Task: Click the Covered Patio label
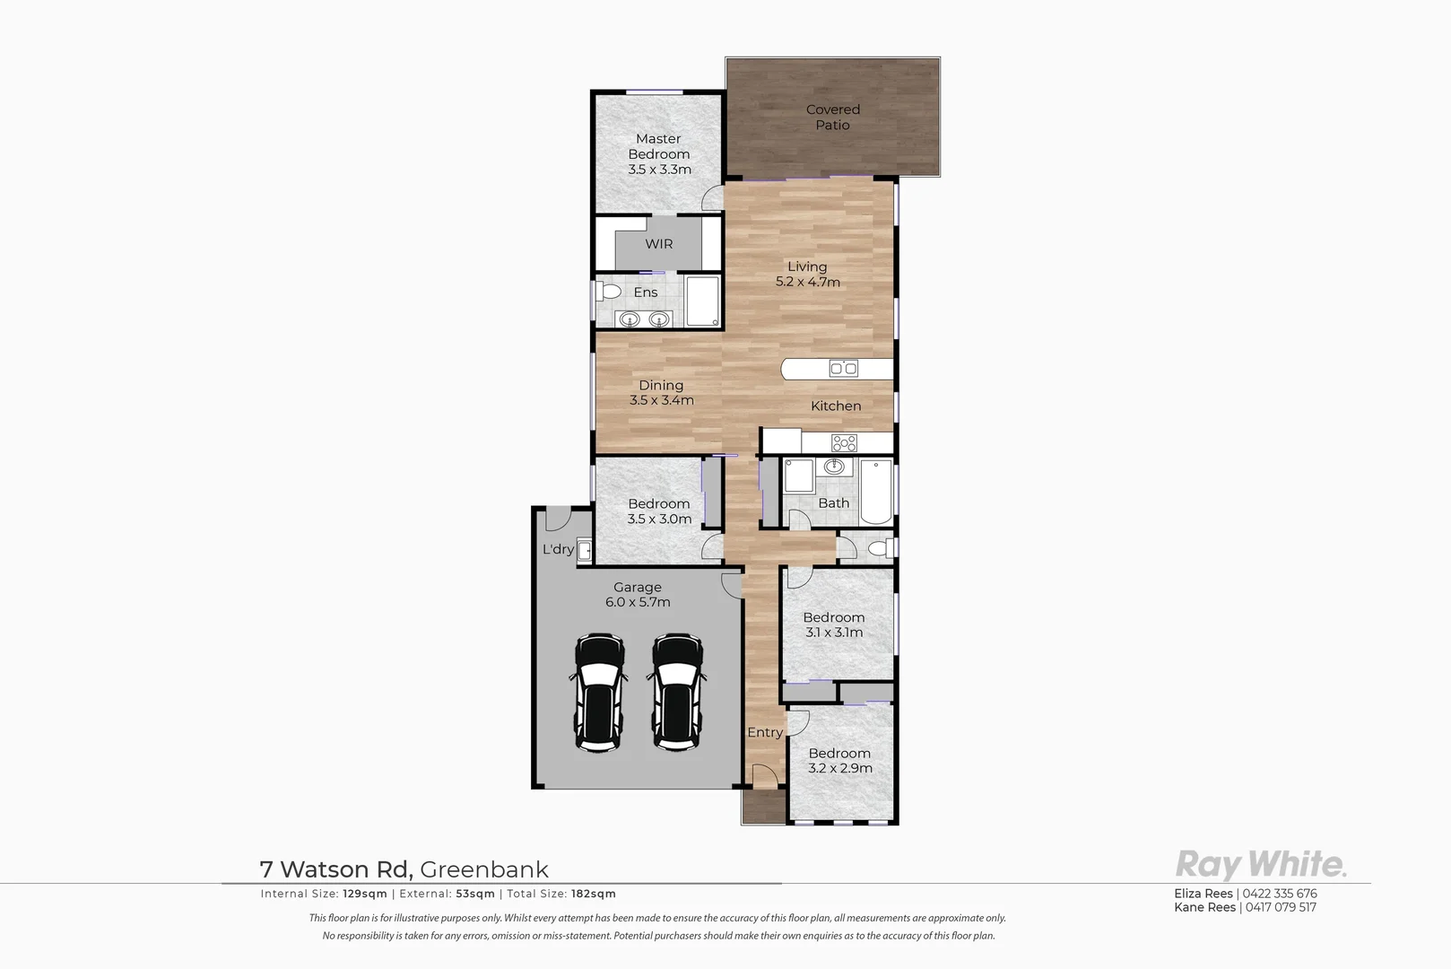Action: point(832,118)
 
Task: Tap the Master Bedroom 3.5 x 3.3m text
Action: point(659,154)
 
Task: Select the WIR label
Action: point(658,244)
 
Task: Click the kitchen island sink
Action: point(843,368)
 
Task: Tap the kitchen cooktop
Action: point(844,442)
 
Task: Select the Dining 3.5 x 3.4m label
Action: point(661,393)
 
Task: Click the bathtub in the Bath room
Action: point(876,492)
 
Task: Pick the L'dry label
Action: point(558,549)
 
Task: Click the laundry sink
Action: point(584,549)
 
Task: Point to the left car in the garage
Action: point(599,692)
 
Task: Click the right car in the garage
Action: point(677,692)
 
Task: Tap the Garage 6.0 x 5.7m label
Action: point(638,595)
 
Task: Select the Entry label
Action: point(765,733)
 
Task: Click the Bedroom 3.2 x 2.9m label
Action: point(839,761)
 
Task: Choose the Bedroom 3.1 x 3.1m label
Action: point(834,624)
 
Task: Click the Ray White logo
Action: point(1260,865)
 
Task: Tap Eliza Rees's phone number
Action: point(1280,894)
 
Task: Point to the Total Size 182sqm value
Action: point(594,894)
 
